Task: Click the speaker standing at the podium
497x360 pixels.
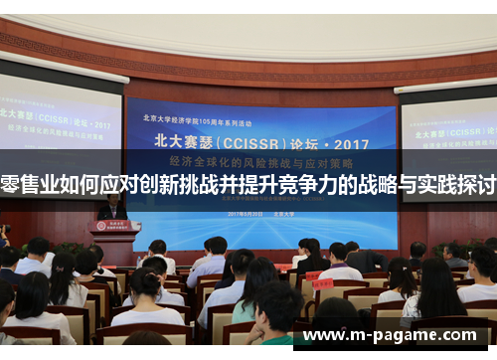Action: pyautogui.click(x=112, y=208)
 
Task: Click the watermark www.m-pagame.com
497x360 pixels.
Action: pyautogui.click(x=397, y=336)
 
